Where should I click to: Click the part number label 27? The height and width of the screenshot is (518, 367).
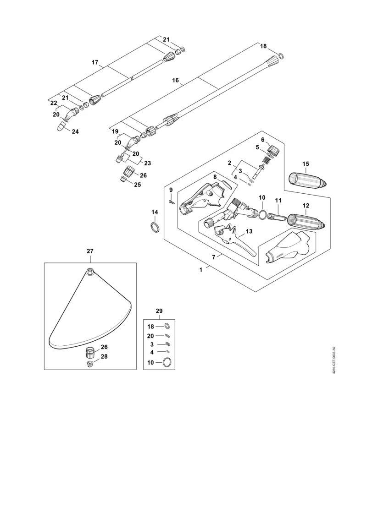coord(90,251)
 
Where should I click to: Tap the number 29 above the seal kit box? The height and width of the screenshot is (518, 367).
coord(159,311)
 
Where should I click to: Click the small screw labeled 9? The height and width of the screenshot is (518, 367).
coord(171,202)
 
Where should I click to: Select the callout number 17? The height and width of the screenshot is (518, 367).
coord(95,62)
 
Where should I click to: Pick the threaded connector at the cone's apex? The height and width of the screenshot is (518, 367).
coord(89,272)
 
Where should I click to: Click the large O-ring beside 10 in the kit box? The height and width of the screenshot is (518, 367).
coord(167,362)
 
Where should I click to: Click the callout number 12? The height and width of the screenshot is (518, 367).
coord(306,206)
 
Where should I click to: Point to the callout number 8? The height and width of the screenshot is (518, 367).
coord(215,177)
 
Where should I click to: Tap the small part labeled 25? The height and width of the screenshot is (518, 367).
coord(123,179)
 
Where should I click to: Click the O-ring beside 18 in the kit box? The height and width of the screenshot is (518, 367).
coord(167,326)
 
